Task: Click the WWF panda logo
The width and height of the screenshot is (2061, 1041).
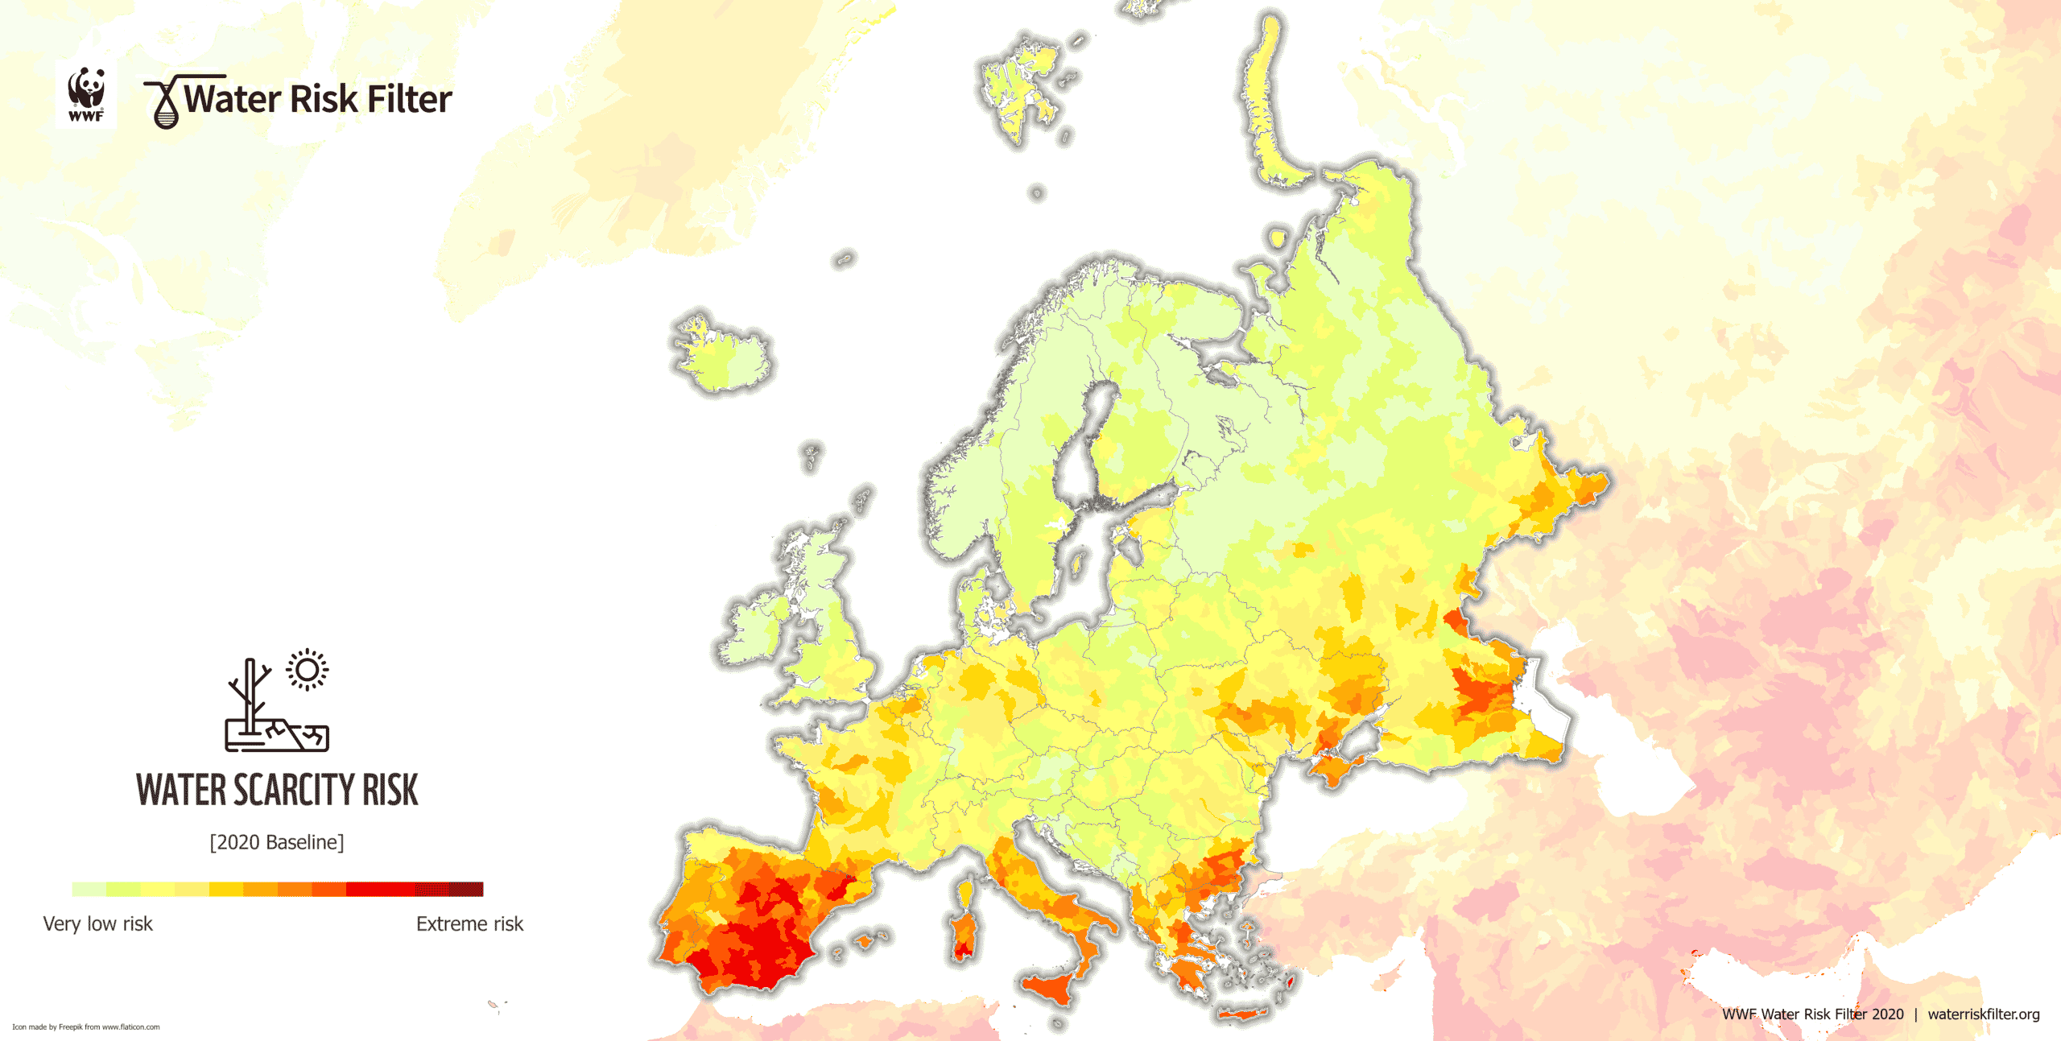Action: click(86, 93)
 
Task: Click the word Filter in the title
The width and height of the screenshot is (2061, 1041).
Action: click(409, 99)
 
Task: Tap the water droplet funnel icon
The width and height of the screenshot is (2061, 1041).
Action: click(165, 104)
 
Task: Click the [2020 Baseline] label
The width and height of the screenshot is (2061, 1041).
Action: click(277, 842)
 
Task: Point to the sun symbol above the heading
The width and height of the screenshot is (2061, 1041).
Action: click(307, 670)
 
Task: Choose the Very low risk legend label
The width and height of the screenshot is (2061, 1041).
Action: click(97, 923)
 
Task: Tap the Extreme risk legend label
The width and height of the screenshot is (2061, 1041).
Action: click(469, 923)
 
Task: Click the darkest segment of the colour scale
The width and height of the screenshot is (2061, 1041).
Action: click(465, 889)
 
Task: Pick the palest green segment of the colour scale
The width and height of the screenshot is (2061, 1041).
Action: click(89, 889)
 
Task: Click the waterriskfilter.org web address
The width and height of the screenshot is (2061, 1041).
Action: click(1983, 1014)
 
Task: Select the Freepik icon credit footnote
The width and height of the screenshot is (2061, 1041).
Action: click(86, 1027)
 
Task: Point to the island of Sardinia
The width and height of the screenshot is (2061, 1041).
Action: click(963, 934)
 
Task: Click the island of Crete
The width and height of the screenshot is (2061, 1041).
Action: click(1244, 1013)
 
